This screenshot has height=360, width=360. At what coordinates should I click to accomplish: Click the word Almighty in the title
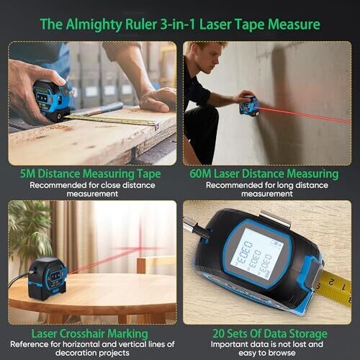coord(94,24)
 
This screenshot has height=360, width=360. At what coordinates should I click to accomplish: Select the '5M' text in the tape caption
coord(27,174)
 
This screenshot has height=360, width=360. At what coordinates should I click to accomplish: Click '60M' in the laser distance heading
coord(200,174)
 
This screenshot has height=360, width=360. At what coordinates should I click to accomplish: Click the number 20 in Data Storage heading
coord(218,333)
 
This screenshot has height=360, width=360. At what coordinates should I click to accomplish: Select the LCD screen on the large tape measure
coord(257,254)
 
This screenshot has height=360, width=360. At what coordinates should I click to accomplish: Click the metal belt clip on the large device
coord(276,219)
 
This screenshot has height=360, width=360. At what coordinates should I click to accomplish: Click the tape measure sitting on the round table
coord(48,279)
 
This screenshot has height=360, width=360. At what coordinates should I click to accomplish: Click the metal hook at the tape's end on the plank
coord(156,125)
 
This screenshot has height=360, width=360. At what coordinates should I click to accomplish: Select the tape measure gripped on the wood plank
coord(52,99)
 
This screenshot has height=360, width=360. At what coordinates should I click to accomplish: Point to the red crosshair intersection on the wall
coord(140,248)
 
